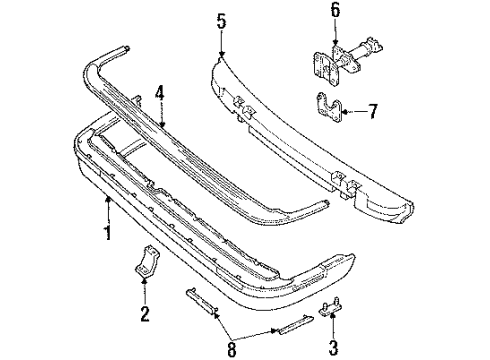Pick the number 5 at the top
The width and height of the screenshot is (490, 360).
(x=220, y=19)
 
